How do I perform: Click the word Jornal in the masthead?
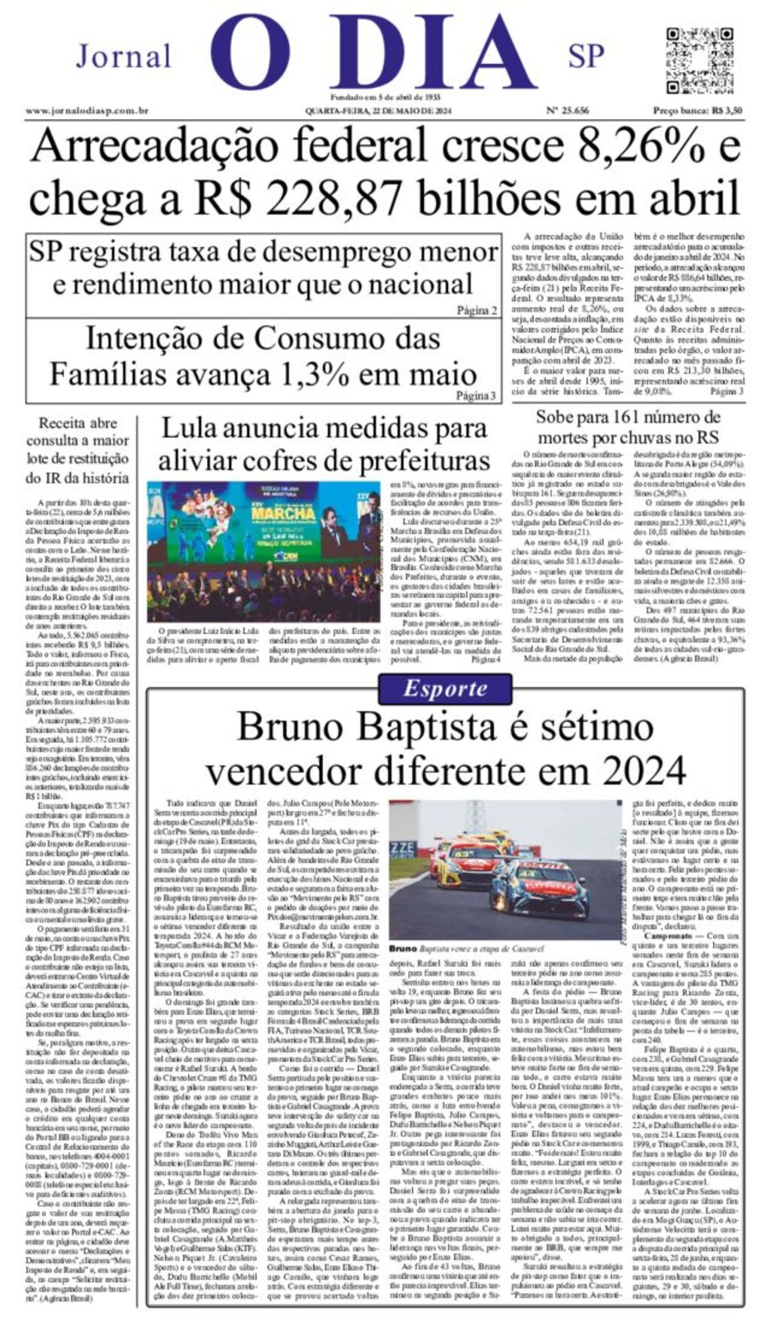(x=123, y=56)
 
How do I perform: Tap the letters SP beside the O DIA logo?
(x=586, y=56)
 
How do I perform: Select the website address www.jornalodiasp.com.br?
(x=87, y=111)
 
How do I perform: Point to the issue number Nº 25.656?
(x=567, y=111)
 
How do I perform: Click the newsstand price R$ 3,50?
(x=697, y=111)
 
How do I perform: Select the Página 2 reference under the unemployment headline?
(x=477, y=310)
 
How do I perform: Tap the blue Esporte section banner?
(x=445, y=688)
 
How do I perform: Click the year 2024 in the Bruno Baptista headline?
(x=644, y=770)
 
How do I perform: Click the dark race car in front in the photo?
(x=538, y=889)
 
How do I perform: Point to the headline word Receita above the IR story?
(x=68, y=423)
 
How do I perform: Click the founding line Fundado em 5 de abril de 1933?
(x=385, y=98)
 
